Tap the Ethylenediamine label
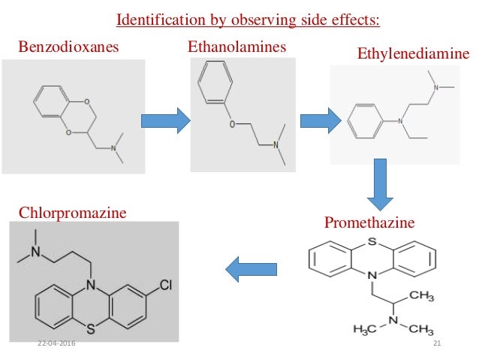click(x=414, y=54)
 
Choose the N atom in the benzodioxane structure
click(x=114, y=148)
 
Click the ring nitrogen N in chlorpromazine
click(x=90, y=286)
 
